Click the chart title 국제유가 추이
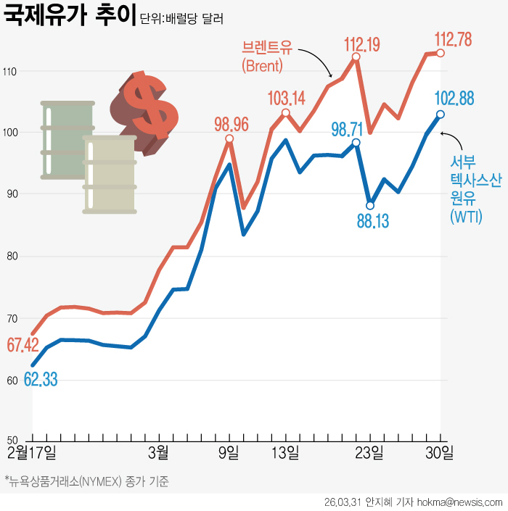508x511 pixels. pos(70,16)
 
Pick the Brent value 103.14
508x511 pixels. pos(287,98)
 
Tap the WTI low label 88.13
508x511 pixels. pos(372,220)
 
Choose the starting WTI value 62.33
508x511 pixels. pos(41,379)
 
